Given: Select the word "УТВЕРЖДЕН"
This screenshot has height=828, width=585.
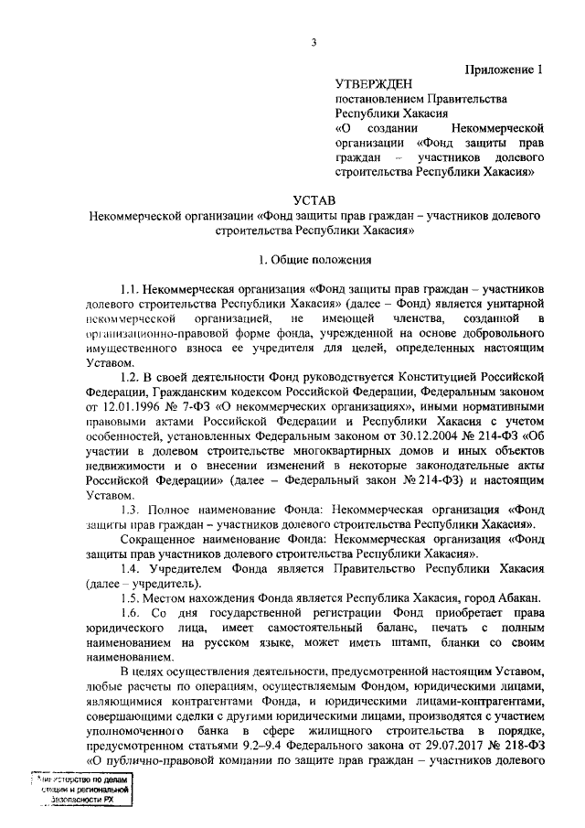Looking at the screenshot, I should (374, 83).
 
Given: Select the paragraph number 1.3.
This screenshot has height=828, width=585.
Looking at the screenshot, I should (131, 509).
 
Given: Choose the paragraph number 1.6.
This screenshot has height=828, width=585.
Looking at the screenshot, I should (131, 612).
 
